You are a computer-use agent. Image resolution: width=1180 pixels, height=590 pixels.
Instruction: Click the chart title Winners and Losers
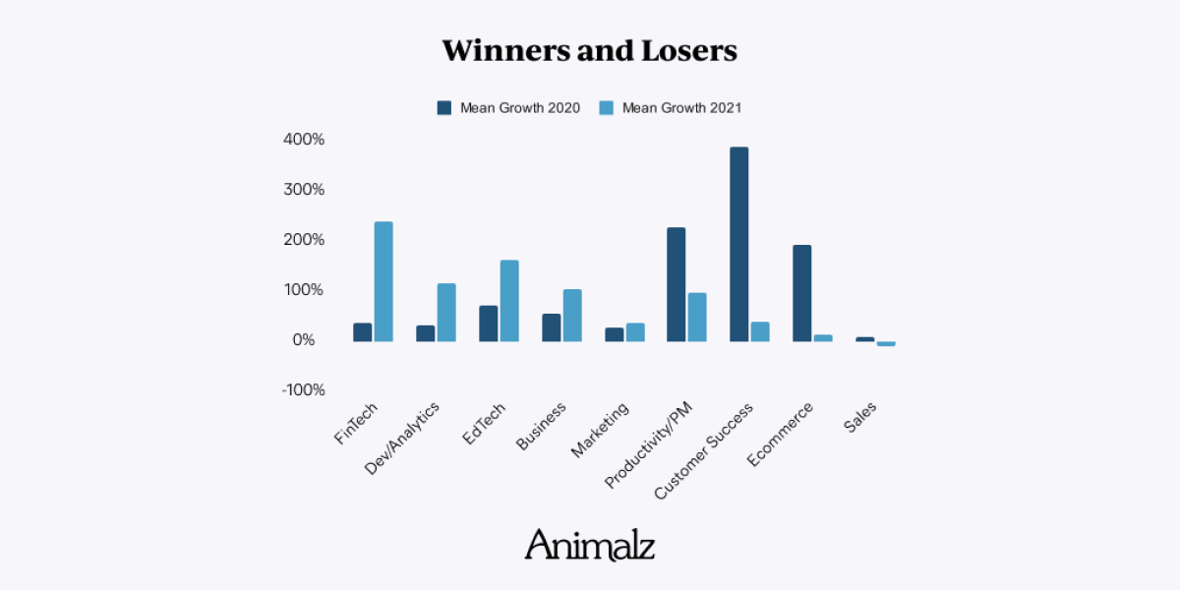click(589, 51)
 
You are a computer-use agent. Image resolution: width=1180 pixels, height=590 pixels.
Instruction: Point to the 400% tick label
click(304, 140)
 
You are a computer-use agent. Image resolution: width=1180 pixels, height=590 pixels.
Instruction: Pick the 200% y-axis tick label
click(304, 240)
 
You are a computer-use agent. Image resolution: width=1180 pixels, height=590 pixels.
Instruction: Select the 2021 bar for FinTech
click(383, 281)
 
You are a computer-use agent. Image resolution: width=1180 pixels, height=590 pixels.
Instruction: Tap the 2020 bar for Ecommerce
click(802, 293)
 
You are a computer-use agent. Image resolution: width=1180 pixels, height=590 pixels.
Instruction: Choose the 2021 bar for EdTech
click(509, 301)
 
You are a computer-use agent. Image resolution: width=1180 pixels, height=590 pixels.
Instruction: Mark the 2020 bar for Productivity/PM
click(677, 284)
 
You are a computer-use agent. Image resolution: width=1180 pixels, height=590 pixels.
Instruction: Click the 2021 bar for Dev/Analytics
click(446, 313)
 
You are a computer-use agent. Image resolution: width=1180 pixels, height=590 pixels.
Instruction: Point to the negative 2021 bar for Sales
click(886, 343)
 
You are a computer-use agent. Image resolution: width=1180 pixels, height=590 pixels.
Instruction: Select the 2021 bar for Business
click(572, 315)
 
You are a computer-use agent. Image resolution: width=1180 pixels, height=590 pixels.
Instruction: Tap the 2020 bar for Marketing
click(614, 334)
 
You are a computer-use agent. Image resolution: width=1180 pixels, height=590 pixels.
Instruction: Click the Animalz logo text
click(589, 544)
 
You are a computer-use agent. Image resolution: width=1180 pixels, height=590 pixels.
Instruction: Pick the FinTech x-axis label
click(356, 424)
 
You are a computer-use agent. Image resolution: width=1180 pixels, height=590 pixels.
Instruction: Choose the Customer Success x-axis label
click(703, 448)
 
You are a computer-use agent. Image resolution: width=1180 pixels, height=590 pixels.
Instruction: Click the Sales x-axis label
click(859, 418)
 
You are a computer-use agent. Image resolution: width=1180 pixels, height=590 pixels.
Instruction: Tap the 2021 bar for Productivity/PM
click(697, 317)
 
